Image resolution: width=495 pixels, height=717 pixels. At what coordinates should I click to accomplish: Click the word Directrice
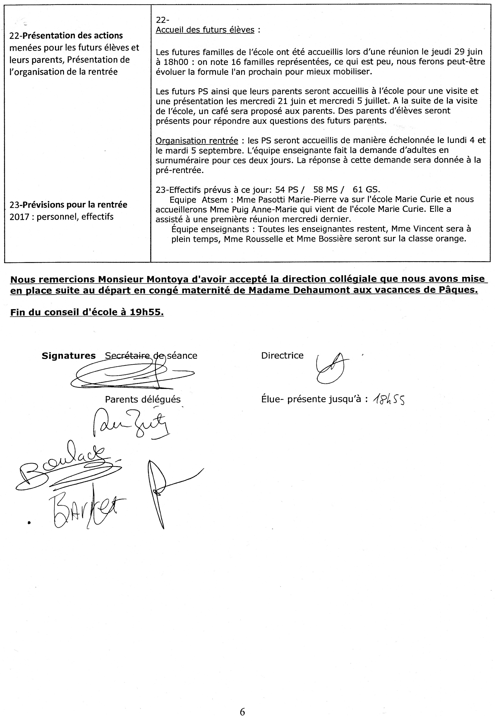coord(282,355)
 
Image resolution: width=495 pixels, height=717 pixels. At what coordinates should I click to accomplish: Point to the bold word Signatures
coord(69,356)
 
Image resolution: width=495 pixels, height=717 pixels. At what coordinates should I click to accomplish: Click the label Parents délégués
coord(143,399)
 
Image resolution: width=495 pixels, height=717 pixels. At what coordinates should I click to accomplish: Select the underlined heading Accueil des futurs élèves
coord(205,30)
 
